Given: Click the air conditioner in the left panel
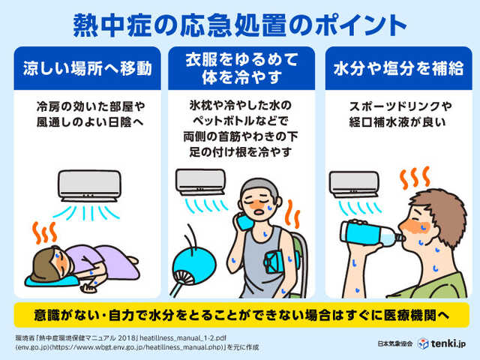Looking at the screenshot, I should pos(88,182).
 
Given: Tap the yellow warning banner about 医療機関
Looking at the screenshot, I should pos(240,313).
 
